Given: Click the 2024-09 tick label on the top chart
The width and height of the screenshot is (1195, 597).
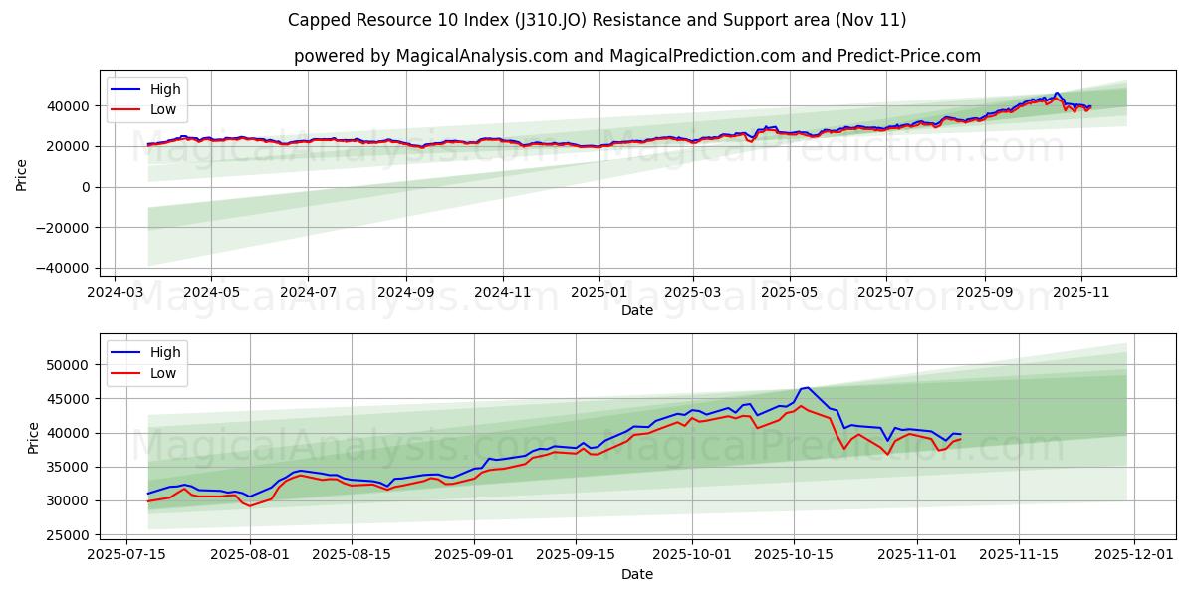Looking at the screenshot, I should tap(406, 294).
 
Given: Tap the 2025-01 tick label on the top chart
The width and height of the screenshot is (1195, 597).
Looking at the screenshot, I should tap(598, 294).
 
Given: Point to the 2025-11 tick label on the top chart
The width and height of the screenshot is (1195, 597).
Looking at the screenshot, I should tap(1081, 294).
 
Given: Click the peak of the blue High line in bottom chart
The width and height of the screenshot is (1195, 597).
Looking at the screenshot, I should tap(808, 387).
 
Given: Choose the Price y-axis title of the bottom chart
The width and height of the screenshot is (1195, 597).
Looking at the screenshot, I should tap(34, 438).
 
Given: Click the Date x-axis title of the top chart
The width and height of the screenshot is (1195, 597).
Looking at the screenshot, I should tap(637, 310).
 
